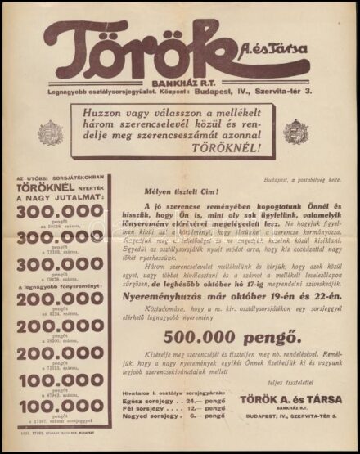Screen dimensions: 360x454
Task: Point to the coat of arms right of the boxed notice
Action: coord(296,131)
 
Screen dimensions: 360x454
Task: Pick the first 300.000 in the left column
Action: coord(66,211)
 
